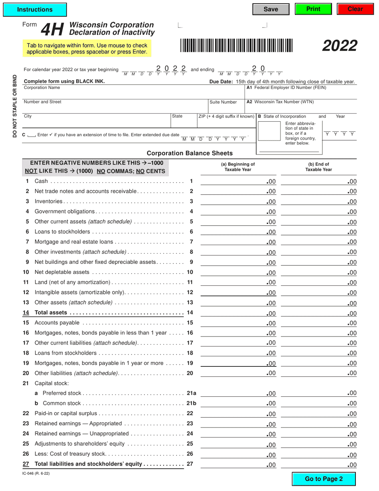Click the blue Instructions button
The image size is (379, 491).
[35, 9]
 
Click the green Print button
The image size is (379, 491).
[313, 9]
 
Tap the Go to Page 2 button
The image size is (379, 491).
[324, 479]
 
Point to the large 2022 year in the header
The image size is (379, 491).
[340, 46]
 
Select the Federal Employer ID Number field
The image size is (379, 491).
[300, 94]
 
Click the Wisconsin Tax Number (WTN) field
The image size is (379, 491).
[300, 108]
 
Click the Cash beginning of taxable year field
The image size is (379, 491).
[233, 182]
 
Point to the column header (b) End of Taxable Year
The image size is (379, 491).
[318, 166]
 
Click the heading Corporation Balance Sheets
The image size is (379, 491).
[189, 153]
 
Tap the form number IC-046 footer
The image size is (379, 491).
[36, 473]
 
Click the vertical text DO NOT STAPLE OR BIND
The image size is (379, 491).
[15, 106]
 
